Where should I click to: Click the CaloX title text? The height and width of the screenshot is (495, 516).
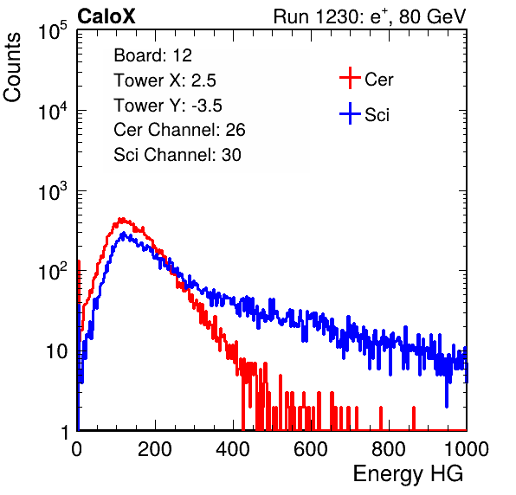click(106, 16)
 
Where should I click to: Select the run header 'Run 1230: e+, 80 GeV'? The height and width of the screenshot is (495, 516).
click(370, 16)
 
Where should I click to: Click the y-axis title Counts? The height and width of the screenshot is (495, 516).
click(12, 67)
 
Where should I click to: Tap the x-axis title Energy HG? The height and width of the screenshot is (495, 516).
click(408, 474)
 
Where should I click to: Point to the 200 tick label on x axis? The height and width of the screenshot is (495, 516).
click(155, 449)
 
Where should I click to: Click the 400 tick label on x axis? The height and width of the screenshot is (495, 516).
click(233, 449)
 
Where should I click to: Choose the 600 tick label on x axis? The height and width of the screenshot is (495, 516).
click(311, 449)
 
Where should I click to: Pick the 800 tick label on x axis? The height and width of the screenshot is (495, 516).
click(389, 449)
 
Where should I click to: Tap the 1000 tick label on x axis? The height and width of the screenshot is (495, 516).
click(467, 449)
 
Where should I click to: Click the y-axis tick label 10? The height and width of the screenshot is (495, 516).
click(57, 351)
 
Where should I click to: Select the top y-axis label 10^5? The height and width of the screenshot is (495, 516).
click(53, 31)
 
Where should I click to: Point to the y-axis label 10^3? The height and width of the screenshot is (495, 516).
click(53, 192)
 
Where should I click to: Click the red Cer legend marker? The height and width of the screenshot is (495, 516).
click(350, 78)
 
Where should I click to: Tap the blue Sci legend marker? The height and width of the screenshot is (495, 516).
click(350, 114)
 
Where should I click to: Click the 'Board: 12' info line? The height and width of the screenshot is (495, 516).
click(152, 55)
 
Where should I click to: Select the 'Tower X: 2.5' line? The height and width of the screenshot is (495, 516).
click(164, 80)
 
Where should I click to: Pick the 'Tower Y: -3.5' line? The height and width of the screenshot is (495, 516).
click(168, 106)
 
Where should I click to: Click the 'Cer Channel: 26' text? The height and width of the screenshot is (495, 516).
click(179, 130)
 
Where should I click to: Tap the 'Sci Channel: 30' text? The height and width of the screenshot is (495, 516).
click(177, 155)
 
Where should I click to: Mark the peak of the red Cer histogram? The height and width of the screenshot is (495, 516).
click(121, 219)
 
